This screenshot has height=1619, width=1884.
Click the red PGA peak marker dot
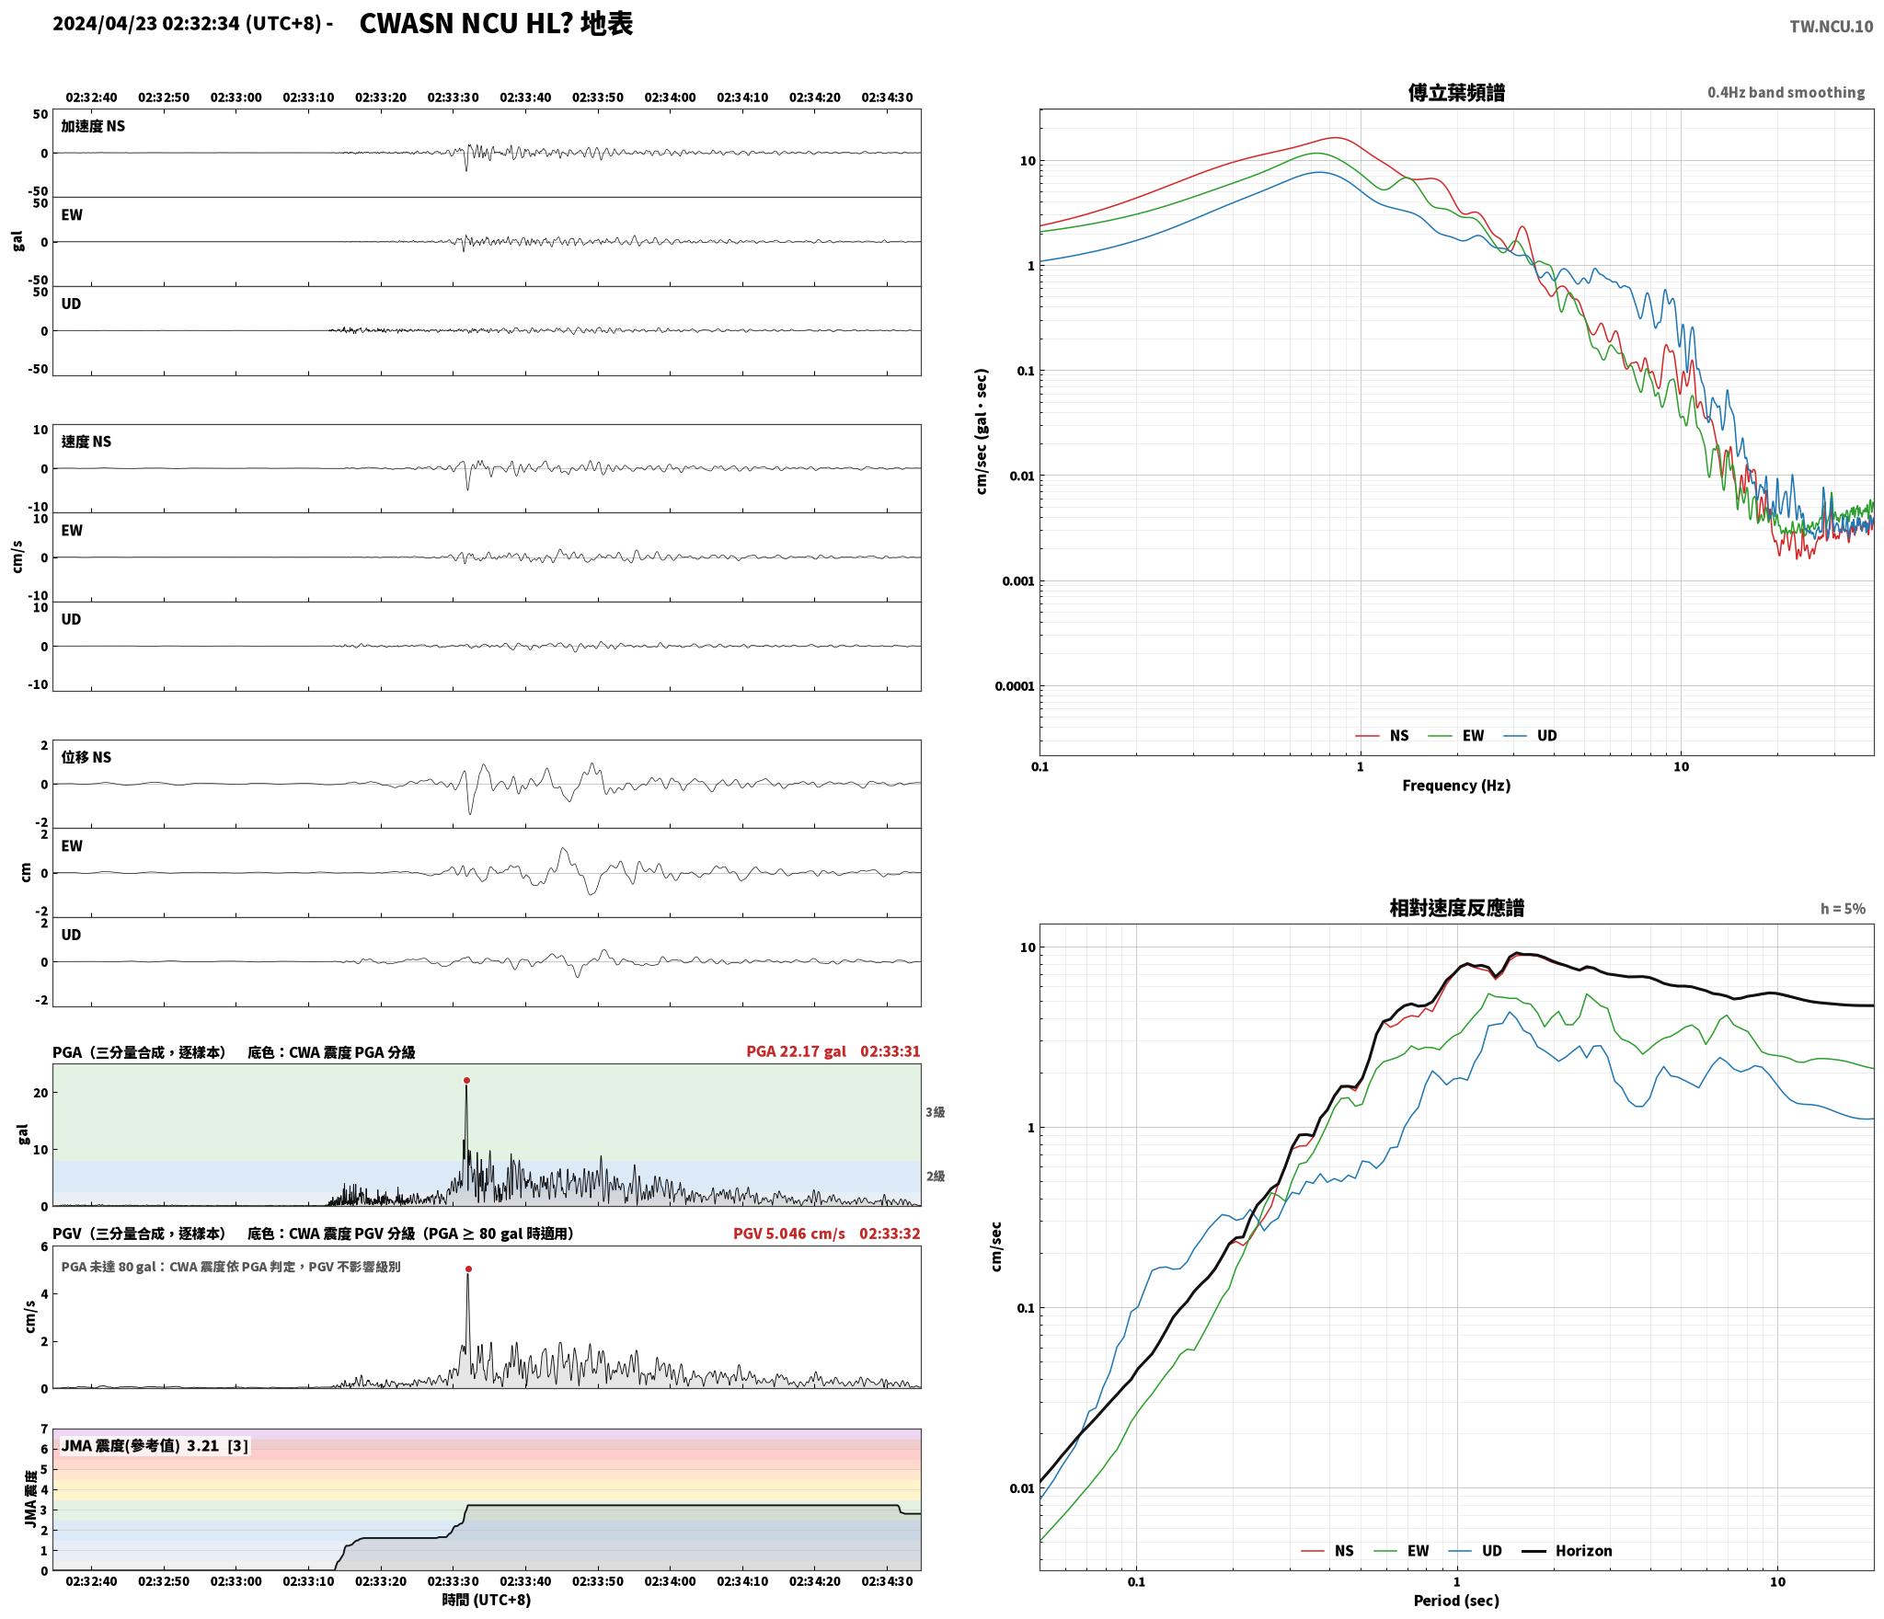point(466,1080)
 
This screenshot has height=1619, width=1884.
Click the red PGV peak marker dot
point(468,1269)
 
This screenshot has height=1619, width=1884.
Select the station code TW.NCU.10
point(1831,26)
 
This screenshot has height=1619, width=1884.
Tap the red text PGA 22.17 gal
point(796,1051)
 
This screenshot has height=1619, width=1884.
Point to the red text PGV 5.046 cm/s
point(788,1233)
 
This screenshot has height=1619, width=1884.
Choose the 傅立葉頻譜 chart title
point(1456,92)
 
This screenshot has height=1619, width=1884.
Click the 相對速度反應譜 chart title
point(1456,907)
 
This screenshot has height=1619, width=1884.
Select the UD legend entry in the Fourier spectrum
point(1531,735)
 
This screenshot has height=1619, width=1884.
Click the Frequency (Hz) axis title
point(1456,785)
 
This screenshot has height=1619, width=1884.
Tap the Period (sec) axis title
point(1456,1600)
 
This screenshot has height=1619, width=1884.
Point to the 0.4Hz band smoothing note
point(1786,92)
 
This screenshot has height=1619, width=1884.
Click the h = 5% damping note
point(1843,908)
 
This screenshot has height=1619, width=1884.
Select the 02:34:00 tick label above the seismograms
point(670,97)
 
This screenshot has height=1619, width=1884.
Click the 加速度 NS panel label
point(93,126)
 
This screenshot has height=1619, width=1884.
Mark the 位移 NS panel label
point(86,757)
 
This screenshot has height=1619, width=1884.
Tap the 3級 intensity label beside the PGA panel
point(935,1112)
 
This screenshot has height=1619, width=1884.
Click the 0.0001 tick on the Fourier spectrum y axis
point(1015,686)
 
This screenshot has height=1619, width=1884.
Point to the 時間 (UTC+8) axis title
point(487,1599)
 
